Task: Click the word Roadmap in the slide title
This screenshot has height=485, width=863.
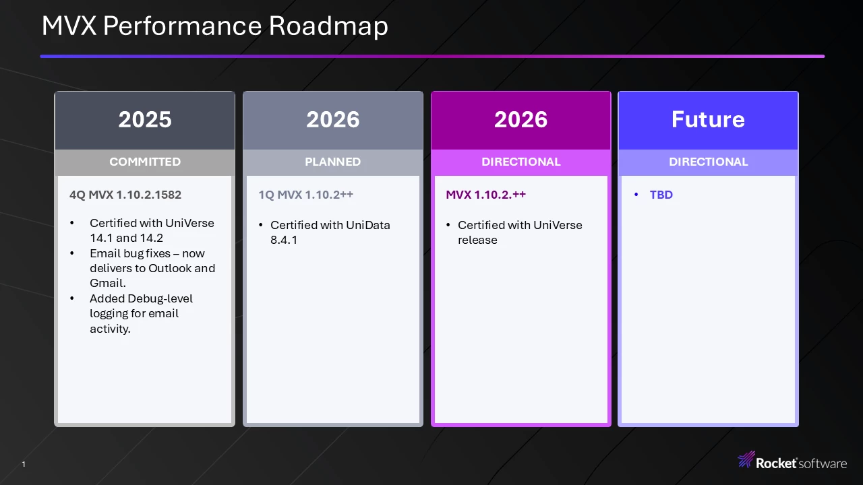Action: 328,26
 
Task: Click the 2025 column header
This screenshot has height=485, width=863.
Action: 145,119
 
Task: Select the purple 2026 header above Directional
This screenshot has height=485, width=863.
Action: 521,119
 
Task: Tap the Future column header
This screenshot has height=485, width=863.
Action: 708,119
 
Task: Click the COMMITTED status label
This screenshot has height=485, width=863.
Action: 145,162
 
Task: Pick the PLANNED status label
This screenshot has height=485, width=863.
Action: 333,162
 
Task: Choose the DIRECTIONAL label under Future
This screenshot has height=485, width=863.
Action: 708,162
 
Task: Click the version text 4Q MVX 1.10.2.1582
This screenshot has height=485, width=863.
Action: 125,195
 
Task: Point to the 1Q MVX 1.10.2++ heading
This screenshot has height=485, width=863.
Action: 305,195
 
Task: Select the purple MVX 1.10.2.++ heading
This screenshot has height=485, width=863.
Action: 486,195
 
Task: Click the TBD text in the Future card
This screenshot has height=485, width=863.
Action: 661,195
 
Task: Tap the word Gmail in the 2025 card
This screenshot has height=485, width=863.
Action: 107,284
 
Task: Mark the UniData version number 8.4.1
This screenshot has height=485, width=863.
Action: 284,240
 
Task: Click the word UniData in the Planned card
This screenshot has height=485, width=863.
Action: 368,225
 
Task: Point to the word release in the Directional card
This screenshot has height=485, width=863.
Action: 477,240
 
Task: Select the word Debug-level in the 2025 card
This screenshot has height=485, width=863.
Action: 160,299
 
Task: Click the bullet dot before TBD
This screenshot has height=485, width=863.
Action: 636,195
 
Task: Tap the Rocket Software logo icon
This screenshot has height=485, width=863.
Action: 746,459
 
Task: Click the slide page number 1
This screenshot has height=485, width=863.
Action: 24,464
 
